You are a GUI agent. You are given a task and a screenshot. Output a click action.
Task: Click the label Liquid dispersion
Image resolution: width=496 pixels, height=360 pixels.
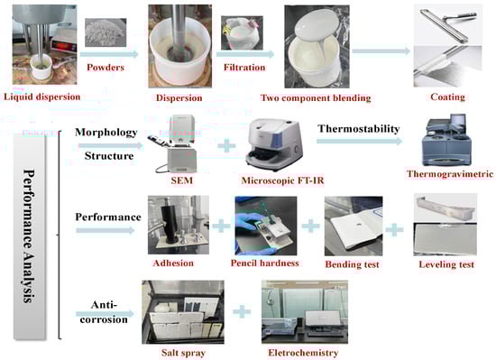pos(42,97)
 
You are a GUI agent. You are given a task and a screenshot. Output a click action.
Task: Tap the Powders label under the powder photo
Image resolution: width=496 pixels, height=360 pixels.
pos(106,67)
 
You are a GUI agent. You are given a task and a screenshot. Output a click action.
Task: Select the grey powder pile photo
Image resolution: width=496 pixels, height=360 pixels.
pos(106,32)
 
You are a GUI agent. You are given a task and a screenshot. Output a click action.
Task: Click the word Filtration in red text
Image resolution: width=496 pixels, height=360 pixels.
pos(244,67)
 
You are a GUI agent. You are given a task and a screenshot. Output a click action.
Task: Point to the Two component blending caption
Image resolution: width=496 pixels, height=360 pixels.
pos(316,97)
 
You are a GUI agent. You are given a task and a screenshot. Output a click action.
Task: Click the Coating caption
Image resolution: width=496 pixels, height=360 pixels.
pos(447,97)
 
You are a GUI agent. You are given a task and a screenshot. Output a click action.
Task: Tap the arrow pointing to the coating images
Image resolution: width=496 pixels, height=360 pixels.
pos(381,51)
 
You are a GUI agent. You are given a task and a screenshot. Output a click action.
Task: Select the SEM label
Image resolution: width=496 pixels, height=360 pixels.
pos(182,180)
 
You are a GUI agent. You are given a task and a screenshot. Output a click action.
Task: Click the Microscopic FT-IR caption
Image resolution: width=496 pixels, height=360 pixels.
pos(282,180)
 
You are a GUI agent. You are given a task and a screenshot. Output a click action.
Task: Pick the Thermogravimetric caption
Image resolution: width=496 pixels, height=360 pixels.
pos(450,173)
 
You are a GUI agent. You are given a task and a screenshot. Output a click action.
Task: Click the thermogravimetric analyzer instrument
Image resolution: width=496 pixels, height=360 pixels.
pos(446,140)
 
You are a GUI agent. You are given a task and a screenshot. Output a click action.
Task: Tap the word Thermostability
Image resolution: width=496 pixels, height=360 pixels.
pos(359,129)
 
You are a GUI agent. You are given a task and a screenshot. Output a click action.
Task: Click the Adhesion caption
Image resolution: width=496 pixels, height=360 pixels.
pos(173,263)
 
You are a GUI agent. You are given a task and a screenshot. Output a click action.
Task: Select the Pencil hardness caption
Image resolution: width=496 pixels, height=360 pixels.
pos(265,263)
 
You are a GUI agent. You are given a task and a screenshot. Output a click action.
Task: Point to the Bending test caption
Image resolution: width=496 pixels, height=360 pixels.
pos(352,264)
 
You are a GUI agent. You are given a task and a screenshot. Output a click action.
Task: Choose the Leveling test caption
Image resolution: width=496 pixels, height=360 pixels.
pos(446,264)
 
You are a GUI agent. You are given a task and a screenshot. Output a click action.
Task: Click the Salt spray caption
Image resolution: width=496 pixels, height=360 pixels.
pos(183,353)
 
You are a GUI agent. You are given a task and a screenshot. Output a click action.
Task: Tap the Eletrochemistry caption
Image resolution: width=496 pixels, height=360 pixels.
pos(303,353)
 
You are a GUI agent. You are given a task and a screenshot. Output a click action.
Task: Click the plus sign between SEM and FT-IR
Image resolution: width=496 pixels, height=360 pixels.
pos(226,146)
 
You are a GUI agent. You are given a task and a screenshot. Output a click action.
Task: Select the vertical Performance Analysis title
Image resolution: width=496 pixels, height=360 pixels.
pos(29,236)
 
